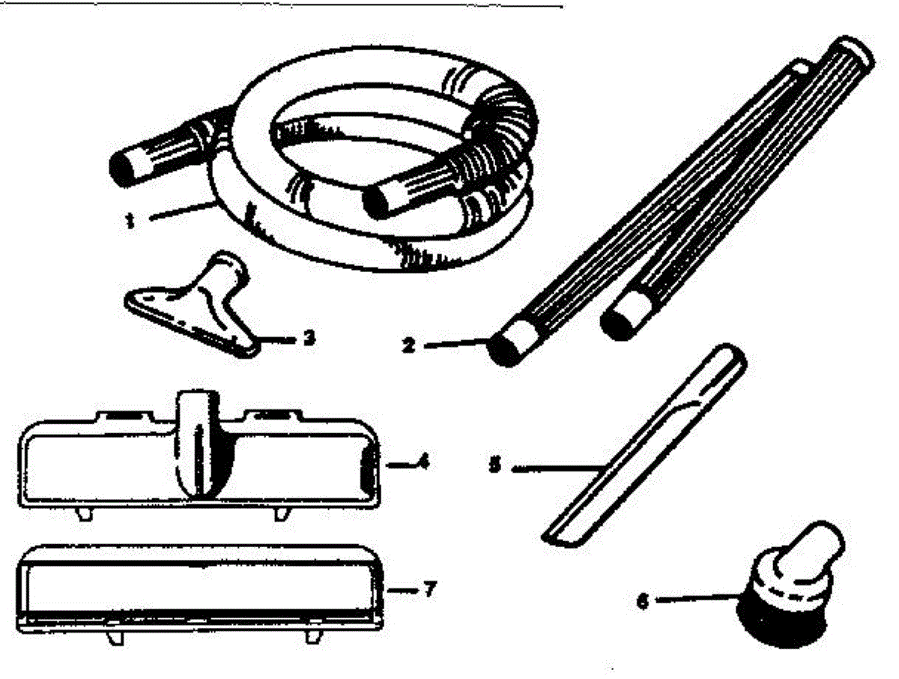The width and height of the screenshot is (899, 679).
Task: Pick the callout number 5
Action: [x=494, y=466]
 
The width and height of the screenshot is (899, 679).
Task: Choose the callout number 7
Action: [x=429, y=588]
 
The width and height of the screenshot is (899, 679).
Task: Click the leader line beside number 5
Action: [x=554, y=468]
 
